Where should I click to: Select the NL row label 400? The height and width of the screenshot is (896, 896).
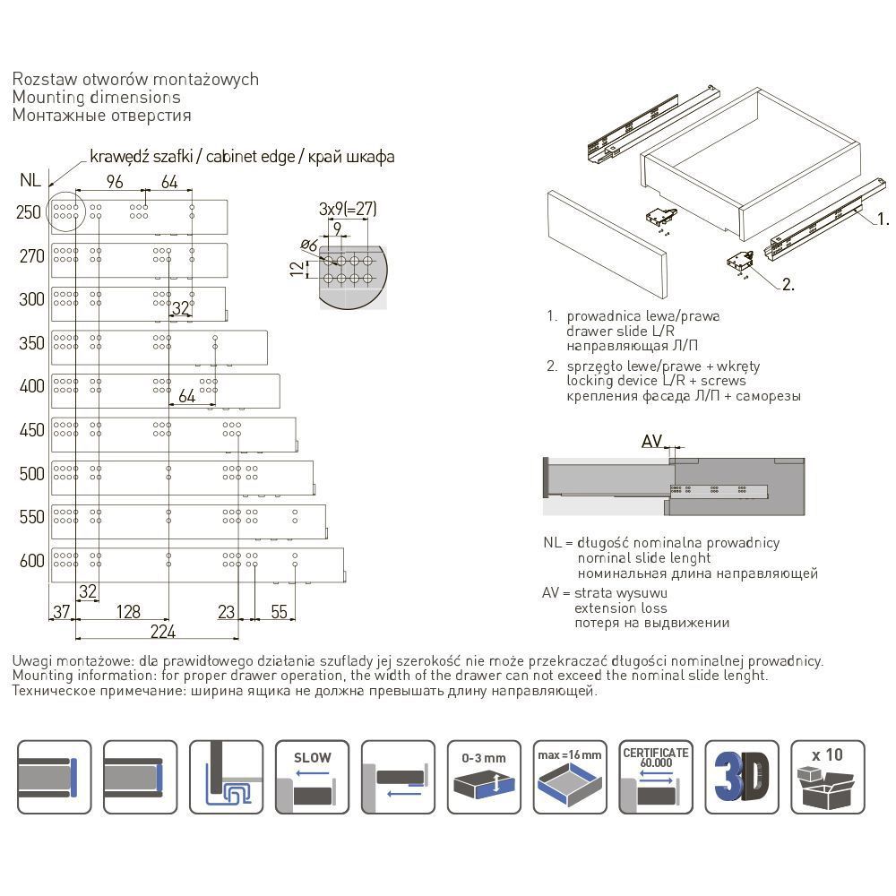[x=31, y=387]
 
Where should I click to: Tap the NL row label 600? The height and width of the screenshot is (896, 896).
[x=31, y=561]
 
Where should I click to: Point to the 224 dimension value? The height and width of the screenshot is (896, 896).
[x=162, y=631]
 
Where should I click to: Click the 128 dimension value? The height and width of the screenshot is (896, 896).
[x=129, y=612]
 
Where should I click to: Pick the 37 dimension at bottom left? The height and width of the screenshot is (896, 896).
[x=60, y=612]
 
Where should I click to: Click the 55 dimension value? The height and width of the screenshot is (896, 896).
[x=280, y=612]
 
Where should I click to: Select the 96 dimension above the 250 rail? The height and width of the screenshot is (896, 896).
[x=114, y=182]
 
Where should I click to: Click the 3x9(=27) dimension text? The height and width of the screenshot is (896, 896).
[x=348, y=210]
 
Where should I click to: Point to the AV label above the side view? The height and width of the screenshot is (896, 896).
[x=651, y=441]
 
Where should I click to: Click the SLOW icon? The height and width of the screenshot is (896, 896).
[x=312, y=776]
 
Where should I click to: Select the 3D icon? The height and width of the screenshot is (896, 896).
[x=742, y=776]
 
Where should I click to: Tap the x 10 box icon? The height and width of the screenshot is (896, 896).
[x=828, y=776]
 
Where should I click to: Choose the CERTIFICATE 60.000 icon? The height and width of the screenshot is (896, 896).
[x=656, y=776]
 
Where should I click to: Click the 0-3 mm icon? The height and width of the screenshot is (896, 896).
[x=484, y=776]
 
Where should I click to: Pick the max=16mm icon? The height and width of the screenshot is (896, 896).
[x=570, y=776]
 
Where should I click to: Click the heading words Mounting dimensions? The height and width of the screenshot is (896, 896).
[x=97, y=97]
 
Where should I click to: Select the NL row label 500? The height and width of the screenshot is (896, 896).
[x=31, y=474]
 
